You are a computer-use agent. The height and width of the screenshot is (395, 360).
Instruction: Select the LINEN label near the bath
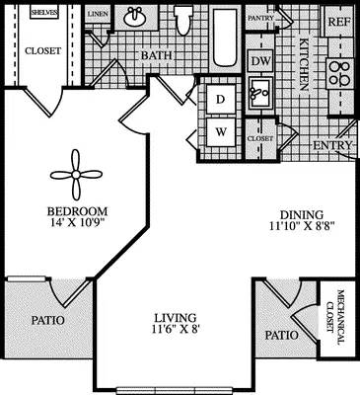tap(97, 15)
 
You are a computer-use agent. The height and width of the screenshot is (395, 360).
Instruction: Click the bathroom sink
tap(135, 18)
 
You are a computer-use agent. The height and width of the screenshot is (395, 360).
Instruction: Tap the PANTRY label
tap(260, 18)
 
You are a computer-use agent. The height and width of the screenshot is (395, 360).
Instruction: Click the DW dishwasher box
tap(260, 61)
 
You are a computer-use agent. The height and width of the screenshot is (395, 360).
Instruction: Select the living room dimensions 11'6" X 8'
tap(180, 323)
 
